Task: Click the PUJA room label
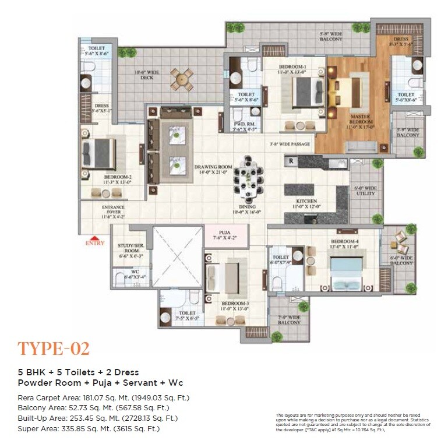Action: click(224, 235)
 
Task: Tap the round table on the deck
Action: click(181, 79)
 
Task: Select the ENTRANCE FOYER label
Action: click(113, 211)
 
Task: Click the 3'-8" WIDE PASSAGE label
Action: click(290, 144)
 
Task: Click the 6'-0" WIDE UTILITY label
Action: click(367, 191)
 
